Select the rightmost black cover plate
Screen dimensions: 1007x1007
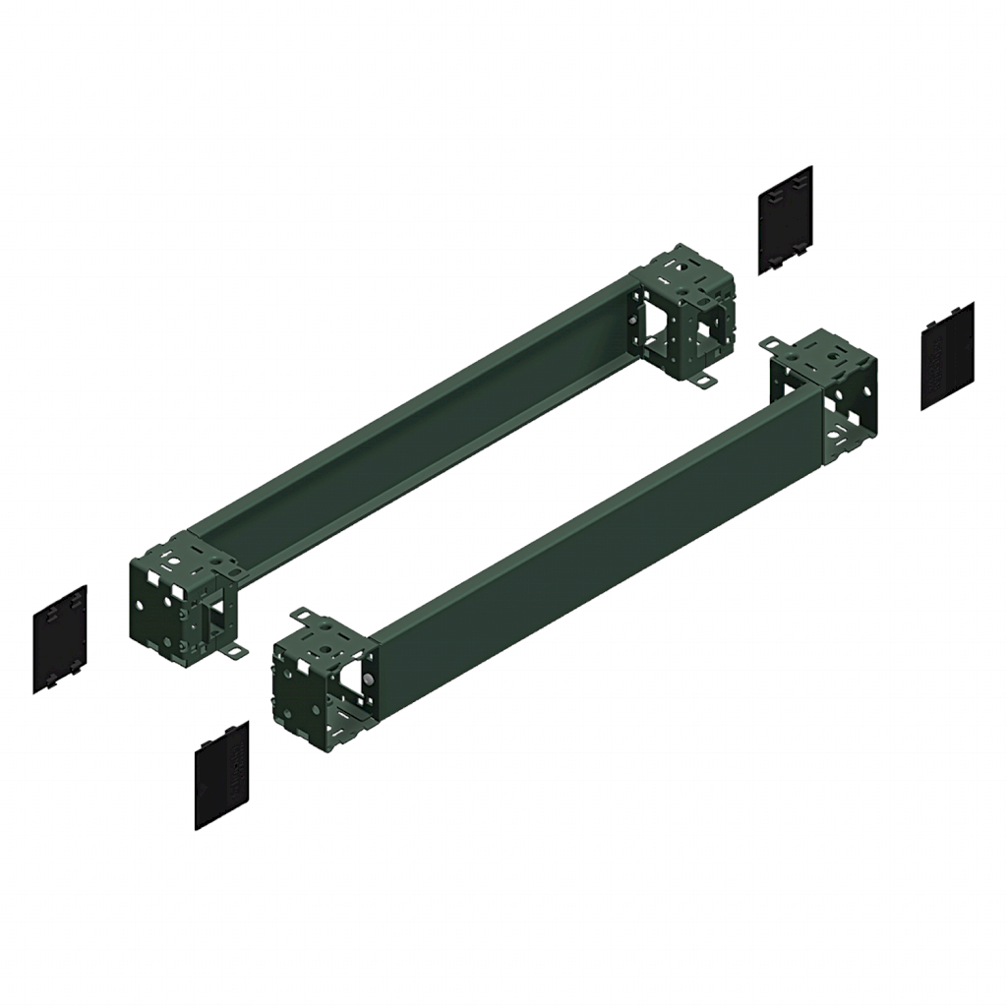tap(946, 355)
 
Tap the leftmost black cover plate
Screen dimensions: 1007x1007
tap(60, 638)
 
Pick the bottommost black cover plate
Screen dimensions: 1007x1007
tap(222, 775)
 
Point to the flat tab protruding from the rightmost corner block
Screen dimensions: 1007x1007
tap(776, 343)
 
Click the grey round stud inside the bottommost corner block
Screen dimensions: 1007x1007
tap(367, 679)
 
